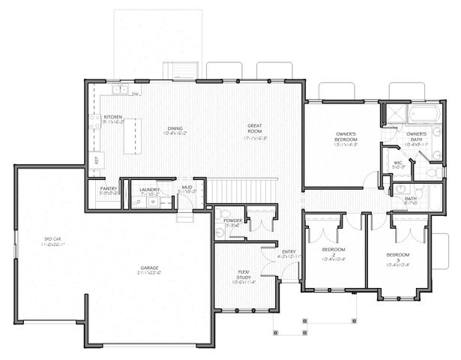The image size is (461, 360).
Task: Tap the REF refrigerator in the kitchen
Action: tap(96, 160)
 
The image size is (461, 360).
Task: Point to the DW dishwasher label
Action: tap(136, 94)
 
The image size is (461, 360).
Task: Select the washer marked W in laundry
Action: tap(153, 202)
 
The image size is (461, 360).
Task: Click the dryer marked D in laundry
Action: tap(139, 202)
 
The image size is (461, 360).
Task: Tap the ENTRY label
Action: tap(289, 252)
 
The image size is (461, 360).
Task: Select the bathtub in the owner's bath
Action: tap(424, 115)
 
